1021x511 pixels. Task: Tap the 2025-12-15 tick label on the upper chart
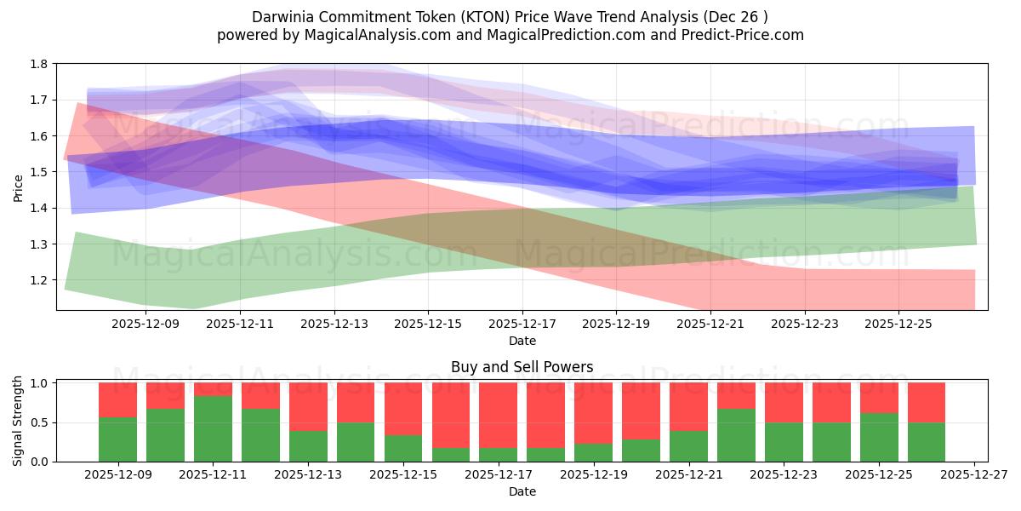pyautogui.click(x=428, y=324)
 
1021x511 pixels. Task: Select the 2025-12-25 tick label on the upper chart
pyautogui.click(x=898, y=324)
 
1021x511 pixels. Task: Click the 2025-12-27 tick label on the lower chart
pyautogui.click(x=973, y=475)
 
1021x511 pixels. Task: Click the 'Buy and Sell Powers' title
pyautogui.click(x=522, y=368)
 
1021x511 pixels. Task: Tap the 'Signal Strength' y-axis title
pyautogui.click(x=18, y=421)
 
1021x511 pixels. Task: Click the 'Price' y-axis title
pyautogui.click(x=18, y=187)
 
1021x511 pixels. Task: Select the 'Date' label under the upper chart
pyautogui.click(x=522, y=341)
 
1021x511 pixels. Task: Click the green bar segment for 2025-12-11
pyautogui.click(x=213, y=428)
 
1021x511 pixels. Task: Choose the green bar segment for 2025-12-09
pyautogui.click(x=117, y=439)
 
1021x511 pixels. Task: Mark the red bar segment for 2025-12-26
pyautogui.click(x=926, y=402)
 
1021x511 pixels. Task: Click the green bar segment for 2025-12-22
pyautogui.click(x=736, y=435)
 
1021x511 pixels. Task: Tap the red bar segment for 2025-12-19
pyautogui.click(x=593, y=413)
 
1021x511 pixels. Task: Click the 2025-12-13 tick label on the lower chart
pyautogui.click(x=308, y=475)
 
